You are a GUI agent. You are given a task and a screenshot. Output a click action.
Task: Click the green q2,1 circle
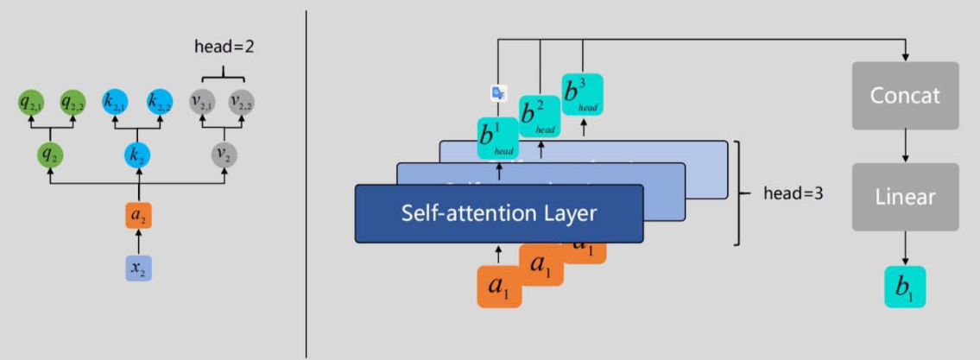pos(31,103)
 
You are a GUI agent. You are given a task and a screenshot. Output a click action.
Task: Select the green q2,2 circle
pos(72,103)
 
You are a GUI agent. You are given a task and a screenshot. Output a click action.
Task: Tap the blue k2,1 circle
pos(115,103)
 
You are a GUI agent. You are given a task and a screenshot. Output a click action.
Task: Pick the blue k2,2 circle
pos(158,103)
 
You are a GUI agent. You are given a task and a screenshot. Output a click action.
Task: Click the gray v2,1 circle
pos(202,103)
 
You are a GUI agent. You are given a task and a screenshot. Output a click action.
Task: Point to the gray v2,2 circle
pos(242,103)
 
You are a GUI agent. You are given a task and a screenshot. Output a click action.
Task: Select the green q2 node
pos(51,155)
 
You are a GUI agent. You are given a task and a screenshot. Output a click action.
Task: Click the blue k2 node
pos(136,155)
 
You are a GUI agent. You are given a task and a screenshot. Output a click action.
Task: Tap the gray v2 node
pos(222,155)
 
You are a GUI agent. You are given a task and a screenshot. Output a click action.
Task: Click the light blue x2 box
pos(137,268)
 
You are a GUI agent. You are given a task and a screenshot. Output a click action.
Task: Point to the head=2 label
pos(223,48)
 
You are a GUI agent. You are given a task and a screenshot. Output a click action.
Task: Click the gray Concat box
pos(905,96)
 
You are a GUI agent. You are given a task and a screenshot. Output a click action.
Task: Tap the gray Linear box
pos(905,197)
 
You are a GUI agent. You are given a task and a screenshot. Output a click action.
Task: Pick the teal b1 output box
pos(905,287)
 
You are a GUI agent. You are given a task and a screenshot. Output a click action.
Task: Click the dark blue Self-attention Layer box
pos(499,213)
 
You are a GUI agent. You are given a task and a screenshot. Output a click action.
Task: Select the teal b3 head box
pos(582,94)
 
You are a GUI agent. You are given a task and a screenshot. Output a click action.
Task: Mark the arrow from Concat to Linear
pos(905,147)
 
